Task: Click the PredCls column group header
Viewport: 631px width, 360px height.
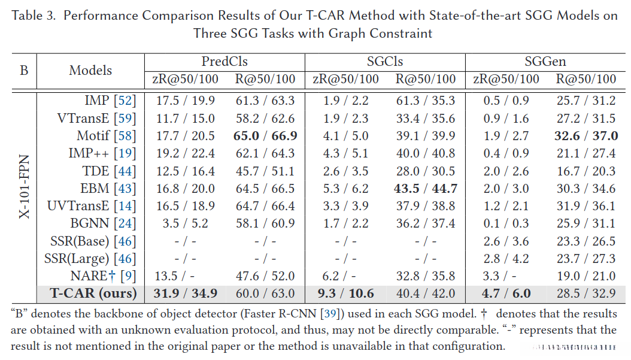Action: pos(225,62)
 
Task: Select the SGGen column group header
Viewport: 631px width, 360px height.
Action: pos(545,62)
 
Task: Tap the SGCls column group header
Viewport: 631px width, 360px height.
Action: pos(385,62)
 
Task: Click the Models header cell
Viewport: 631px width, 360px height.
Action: pos(90,70)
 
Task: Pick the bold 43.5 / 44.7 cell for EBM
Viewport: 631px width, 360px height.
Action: pos(426,189)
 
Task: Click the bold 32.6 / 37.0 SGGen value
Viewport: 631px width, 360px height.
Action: pos(586,136)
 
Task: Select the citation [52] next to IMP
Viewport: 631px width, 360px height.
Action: pos(126,101)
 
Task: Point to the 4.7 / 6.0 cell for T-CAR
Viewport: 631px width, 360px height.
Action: pos(506,294)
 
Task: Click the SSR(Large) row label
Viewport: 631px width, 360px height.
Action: pos(90,259)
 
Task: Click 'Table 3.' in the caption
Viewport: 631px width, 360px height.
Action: pos(34,16)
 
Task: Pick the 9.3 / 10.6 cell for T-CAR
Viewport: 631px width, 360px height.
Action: pos(346,294)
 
